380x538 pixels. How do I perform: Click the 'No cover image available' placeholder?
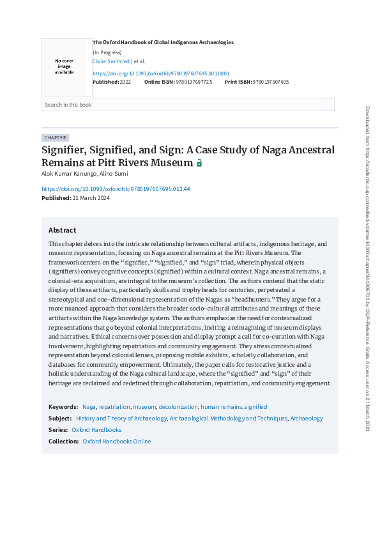coord(64,66)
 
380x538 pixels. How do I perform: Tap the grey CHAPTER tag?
coord(55,137)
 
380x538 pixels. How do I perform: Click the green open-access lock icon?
coord(199,164)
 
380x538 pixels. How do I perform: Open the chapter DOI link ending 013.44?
coord(116,189)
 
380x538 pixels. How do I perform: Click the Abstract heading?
coord(62,230)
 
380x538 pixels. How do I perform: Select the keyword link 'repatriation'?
coord(115,406)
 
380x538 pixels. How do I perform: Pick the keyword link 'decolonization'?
coord(178,406)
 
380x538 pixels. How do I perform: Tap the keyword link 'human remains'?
coord(221,406)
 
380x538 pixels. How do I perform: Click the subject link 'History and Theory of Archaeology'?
coord(121,419)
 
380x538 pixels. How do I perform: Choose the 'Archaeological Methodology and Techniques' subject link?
coord(228,419)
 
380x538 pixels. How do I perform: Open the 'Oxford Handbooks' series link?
coord(96,430)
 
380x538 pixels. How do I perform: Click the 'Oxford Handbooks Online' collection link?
coord(117,442)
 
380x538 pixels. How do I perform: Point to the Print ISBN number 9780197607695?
coord(271,82)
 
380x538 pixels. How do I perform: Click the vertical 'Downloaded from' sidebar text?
coord(367,268)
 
